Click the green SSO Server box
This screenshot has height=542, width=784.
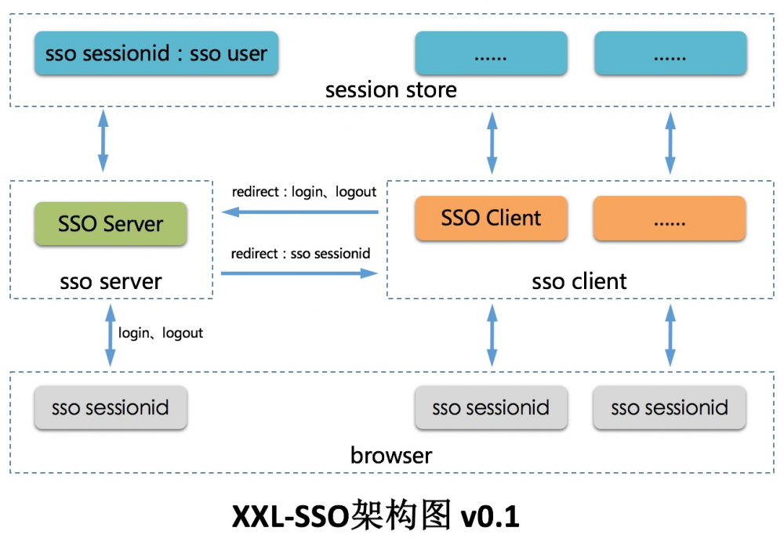[x=111, y=224]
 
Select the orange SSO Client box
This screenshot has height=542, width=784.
[x=491, y=218]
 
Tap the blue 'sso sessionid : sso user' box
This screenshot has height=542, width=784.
[x=157, y=53]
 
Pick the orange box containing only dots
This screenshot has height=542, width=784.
[x=670, y=218]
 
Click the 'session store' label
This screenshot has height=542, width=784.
[x=391, y=90]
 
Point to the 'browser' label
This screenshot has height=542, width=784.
[x=391, y=455]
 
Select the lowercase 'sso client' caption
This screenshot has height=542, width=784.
[x=579, y=281]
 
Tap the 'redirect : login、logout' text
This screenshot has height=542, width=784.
[x=304, y=192]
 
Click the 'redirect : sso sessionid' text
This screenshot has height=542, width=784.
[x=301, y=254]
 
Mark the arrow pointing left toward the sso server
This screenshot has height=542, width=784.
[x=299, y=211]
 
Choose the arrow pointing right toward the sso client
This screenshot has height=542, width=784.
[x=299, y=273]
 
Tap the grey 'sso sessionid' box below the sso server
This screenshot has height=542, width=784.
[x=110, y=407]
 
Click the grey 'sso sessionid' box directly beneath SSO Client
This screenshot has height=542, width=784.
[x=491, y=407]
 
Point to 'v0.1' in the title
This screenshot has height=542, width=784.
[x=490, y=517]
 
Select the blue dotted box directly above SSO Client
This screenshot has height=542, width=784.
[x=491, y=53]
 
